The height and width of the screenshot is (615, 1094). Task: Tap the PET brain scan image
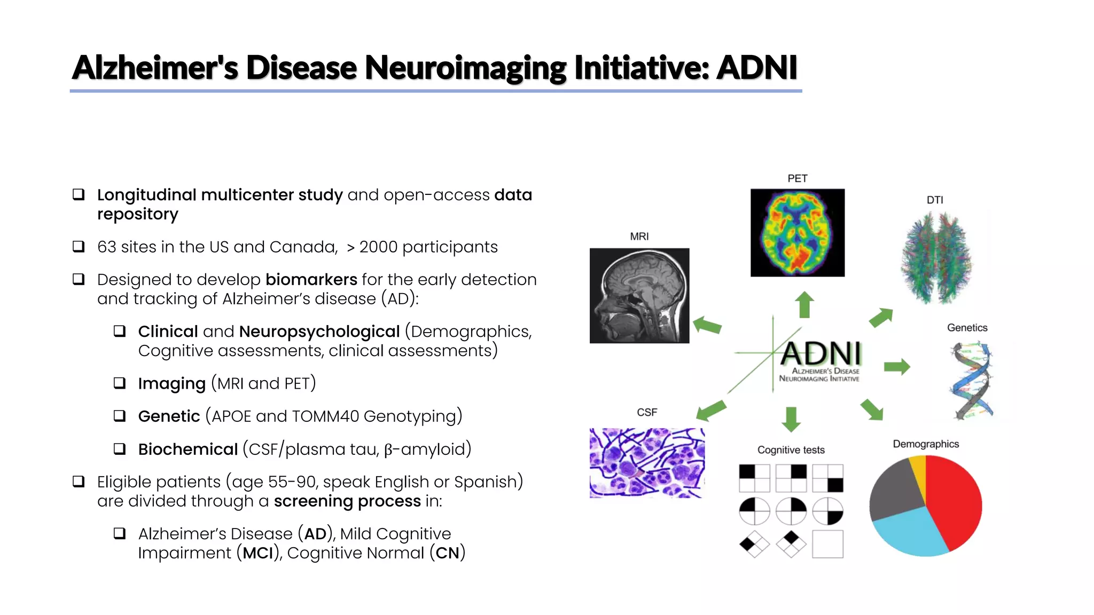[x=797, y=233]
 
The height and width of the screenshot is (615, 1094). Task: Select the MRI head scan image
[x=639, y=295]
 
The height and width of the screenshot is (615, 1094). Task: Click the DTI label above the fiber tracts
[x=934, y=200]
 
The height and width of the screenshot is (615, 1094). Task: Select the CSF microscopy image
[x=646, y=463]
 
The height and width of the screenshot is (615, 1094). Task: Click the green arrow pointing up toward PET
[x=804, y=305]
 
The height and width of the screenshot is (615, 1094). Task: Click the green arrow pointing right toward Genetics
[x=896, y=367]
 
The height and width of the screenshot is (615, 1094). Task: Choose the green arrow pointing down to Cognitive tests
[x=791, y=419]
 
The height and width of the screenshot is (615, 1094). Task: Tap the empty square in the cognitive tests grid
[x=827, y=544]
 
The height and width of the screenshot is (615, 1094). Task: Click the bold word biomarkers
[x=311, y=279]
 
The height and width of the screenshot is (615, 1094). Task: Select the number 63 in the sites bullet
[x=106, y=247]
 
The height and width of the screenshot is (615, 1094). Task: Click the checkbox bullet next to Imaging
[x=120, y=383]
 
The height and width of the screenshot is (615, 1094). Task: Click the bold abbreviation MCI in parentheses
[x=258, y=553]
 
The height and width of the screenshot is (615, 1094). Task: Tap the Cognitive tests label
[x=791, y=450]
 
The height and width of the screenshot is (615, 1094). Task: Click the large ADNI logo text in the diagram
[x=821, y=353]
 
